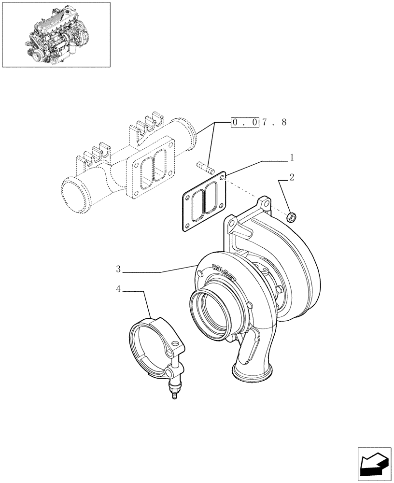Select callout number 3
coord(118,269)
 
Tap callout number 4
coord(118,289)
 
